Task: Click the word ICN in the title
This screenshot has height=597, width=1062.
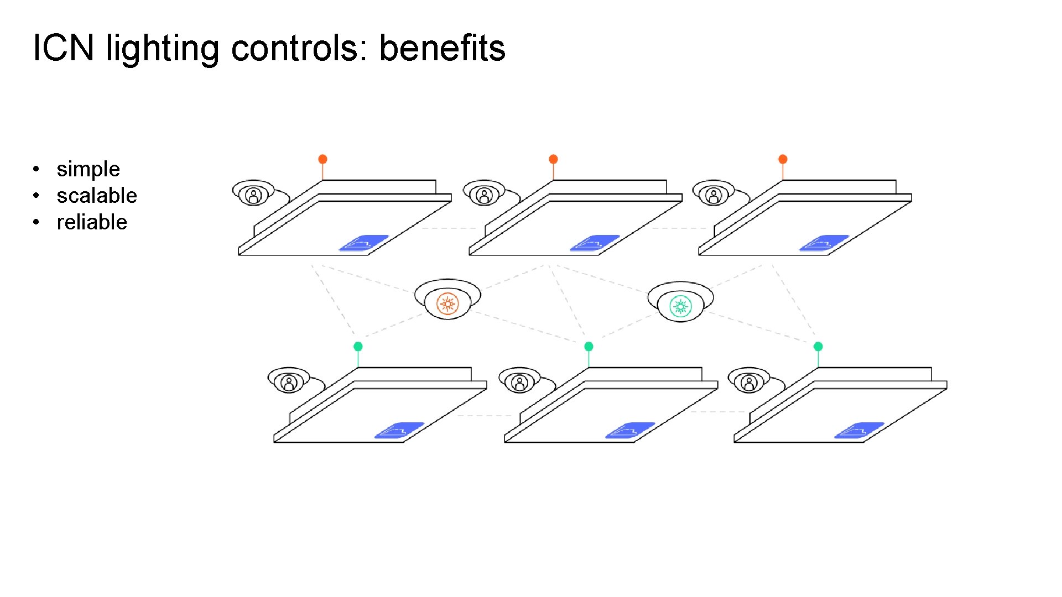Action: pos(63,48)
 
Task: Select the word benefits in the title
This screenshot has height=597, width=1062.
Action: pos(442,48)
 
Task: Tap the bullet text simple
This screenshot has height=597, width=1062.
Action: pos(88,169)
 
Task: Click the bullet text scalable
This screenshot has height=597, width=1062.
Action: pos(97,196)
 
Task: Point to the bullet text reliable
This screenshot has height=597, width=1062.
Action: pos(92,222)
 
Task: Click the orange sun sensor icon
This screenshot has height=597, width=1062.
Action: pos(447,303)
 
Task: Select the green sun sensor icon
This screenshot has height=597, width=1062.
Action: pos(680,306)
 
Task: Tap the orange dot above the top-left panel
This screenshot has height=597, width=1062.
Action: pos(322,159)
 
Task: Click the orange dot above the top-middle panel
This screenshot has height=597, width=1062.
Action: pos(553,159)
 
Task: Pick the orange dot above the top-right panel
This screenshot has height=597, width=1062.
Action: pos(783,159)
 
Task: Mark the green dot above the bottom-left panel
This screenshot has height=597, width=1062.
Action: pos(358,347)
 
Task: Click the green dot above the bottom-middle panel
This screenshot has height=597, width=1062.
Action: pos(589,347)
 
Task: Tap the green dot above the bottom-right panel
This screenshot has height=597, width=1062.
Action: pos(818,347)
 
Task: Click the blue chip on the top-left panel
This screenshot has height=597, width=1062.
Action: pos(363,243)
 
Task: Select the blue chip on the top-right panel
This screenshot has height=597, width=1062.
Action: pos(824,243)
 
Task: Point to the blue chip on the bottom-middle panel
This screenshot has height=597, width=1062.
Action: pos(630,431)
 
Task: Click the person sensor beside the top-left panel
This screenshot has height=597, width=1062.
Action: pos(253,195)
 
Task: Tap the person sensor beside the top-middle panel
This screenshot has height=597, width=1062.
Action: pos(484,195)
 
